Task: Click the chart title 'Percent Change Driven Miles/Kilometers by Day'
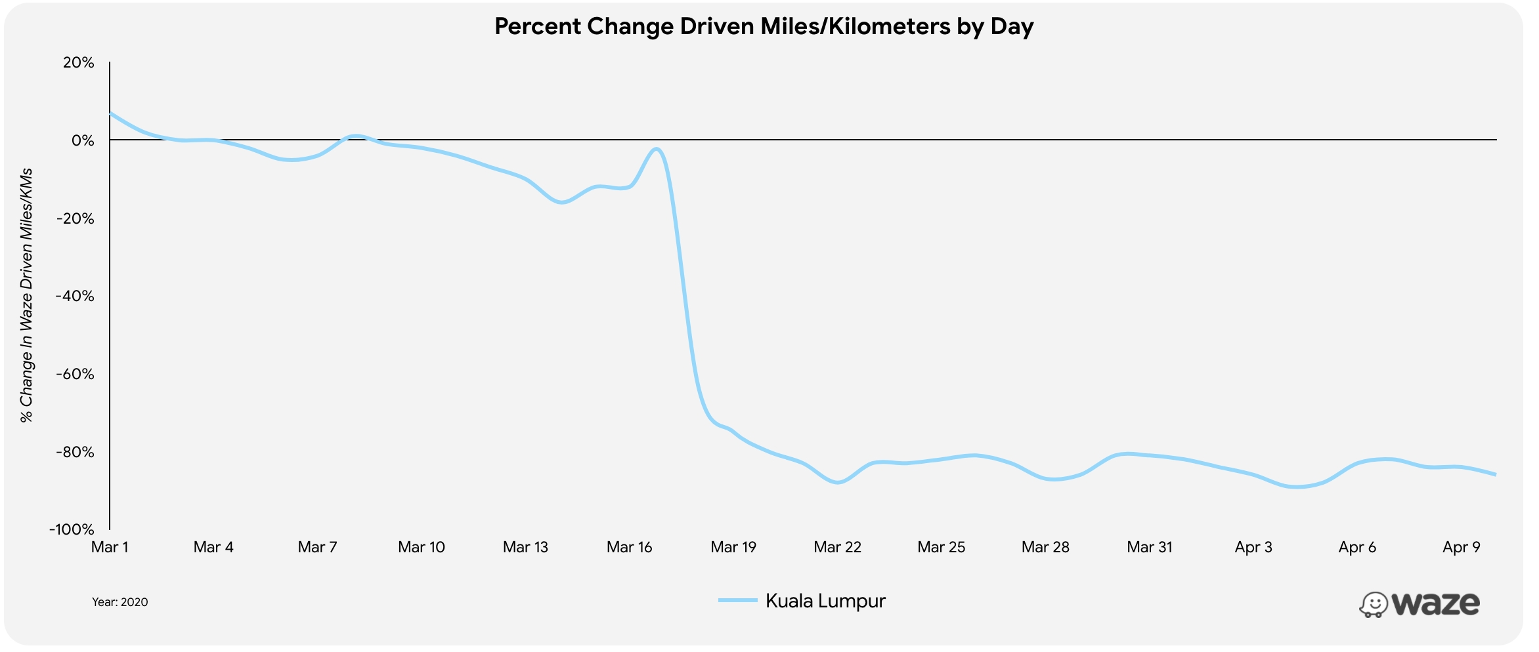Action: click(764, 27)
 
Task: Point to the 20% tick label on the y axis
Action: click(79, 63)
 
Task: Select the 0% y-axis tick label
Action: click(83, 141)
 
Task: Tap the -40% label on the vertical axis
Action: click(75, 296)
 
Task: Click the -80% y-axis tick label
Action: click(75, 453)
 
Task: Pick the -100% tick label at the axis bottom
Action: click(72, 530)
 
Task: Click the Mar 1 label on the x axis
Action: click(110, 548)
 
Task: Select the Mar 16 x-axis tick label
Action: click(629, 548)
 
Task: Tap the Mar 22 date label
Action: click(837, 548)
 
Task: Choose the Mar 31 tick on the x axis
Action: click(1149, 548)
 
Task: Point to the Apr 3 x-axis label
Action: click(1253, 548)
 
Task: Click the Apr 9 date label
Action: click(1461, 548)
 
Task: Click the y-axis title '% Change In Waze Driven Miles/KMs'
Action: click(26, 296)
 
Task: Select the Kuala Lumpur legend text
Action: click(825, 601)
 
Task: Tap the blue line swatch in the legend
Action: click(737, 601)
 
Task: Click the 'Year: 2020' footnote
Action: click(120, 602)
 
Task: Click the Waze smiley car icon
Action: click(1373, 605)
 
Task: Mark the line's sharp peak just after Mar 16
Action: click(656, 149)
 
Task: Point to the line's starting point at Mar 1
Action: click(110, 113)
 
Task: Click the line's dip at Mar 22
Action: click(838, 483)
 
